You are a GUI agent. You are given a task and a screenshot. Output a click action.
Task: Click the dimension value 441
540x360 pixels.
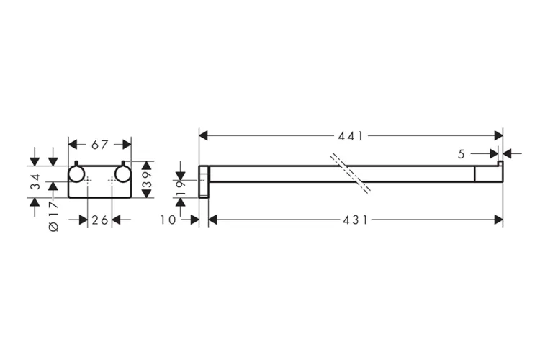point(351,135)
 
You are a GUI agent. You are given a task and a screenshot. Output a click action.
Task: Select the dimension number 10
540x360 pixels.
point(168,220)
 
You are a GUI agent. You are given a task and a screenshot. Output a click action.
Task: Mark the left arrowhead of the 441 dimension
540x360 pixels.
point(203,135)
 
